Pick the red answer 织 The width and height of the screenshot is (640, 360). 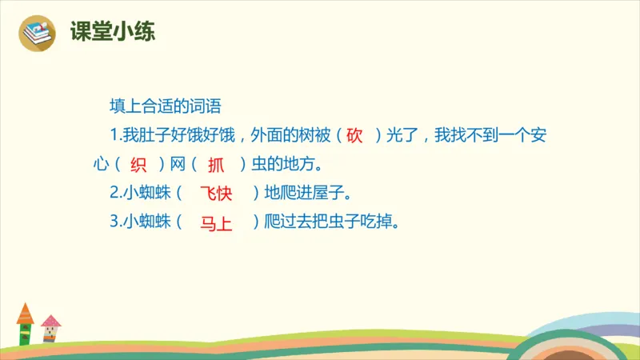(x=138, y=165)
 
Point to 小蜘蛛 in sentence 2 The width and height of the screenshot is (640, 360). (x=147, y=193)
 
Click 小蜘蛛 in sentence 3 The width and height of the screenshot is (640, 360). (x=147, y=222)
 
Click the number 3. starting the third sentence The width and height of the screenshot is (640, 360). (x=115, y=222)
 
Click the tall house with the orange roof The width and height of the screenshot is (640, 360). (x=25, y=324)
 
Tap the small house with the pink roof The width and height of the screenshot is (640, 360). (x=51, y=329)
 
